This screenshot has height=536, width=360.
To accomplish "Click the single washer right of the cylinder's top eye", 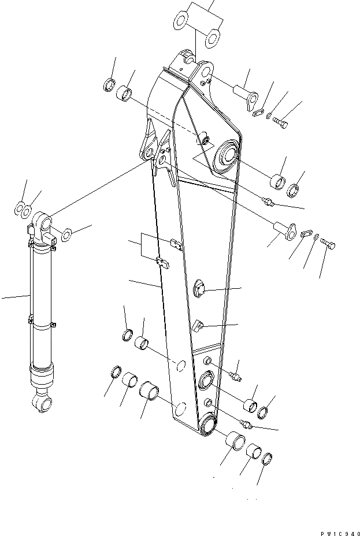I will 66,233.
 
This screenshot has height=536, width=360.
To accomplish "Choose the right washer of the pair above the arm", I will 213,38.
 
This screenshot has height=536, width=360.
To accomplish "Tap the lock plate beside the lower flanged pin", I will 307,233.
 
